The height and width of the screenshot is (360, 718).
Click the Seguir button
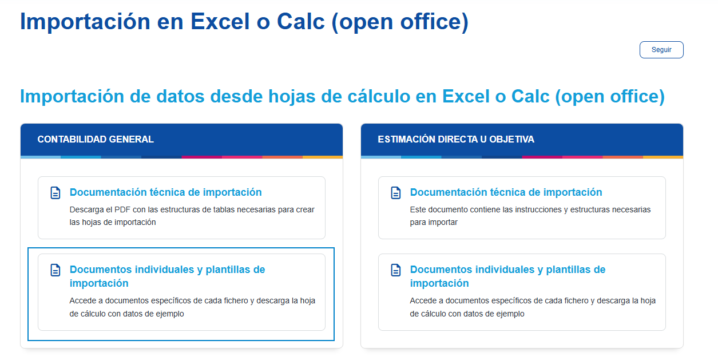click(x=661, y=50)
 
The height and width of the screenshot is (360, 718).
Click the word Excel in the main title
click(x=220, y=22)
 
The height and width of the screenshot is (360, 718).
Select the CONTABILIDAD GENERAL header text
click(x=96, y=139)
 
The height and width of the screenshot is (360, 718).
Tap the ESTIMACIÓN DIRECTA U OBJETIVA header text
click(x=456, y=139)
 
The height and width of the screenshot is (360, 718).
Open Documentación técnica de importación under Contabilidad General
click(x=166, y=192)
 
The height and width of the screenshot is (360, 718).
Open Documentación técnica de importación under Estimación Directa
click(x=506, y=192)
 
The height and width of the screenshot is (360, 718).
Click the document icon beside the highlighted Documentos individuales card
click(x=55, y=270)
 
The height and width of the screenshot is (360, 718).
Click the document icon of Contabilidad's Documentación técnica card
click(x=55, y=193)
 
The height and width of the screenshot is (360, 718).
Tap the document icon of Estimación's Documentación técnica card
click(x=396, y=193)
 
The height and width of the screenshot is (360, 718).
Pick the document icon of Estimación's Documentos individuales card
click(x=396, y=270)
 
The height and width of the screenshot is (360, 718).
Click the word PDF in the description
click(x=122, y=209)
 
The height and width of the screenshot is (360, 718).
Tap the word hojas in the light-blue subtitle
click(x=292, y=96)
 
